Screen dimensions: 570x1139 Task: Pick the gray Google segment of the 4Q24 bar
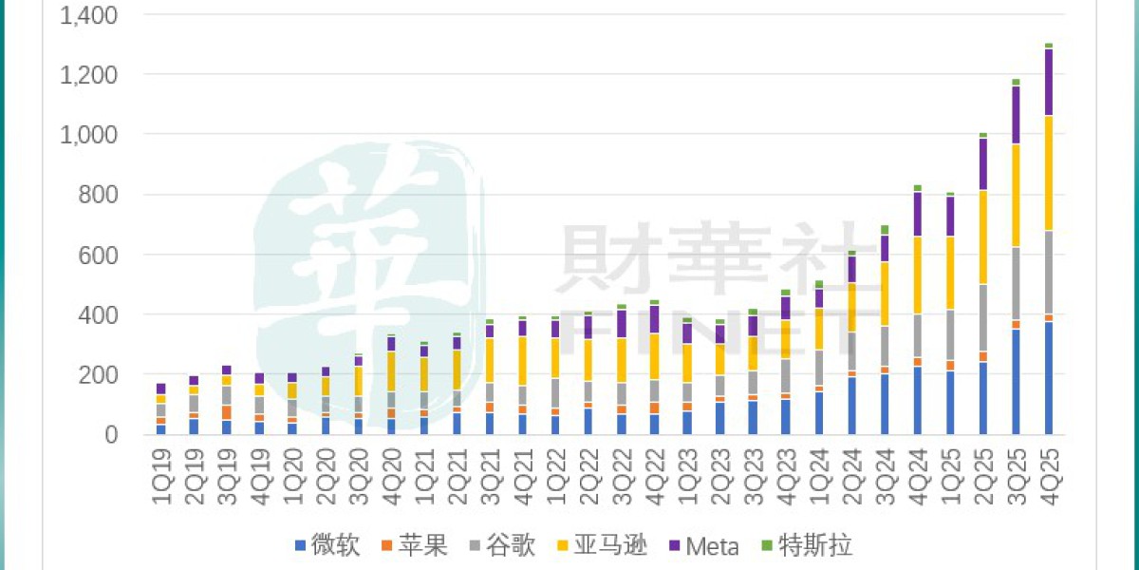918,335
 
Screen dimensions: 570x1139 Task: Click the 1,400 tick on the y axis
90,15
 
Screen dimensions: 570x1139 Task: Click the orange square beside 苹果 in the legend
386,546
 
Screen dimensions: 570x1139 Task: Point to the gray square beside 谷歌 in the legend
477,546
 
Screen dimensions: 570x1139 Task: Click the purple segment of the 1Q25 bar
950,217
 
